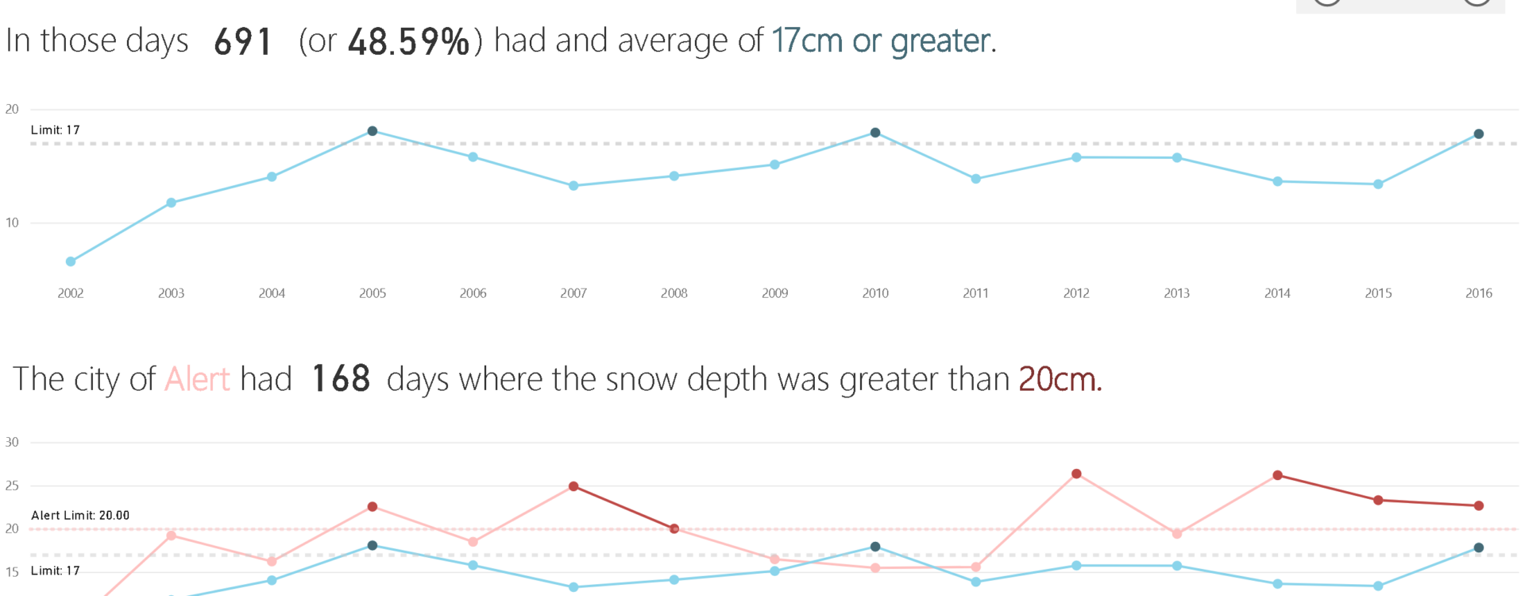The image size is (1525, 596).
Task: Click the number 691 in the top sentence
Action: point(243,42)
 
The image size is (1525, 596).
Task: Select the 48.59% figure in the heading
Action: point(408,42)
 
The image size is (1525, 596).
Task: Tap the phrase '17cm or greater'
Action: point(882,41)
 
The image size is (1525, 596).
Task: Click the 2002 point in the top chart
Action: point(71,261)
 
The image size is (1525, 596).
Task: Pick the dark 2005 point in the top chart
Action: point(373,131)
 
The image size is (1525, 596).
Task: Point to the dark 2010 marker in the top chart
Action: point(875,133)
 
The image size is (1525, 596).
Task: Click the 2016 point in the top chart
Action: point(1478,134)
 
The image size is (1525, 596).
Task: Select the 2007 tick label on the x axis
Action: point(573,293)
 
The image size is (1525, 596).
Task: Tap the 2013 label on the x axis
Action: point(1176,293)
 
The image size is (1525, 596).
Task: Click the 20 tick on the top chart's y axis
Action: point(12,110)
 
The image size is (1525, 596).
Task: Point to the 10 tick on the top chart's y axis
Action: point(12,223)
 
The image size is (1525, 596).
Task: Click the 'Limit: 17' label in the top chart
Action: point(56,130)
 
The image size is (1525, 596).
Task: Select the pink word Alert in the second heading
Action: point(197,379)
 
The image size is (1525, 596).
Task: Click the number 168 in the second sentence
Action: point(341,379)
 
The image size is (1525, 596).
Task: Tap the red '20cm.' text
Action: point(1060,379)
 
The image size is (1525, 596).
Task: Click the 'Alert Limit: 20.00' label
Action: point(80,516)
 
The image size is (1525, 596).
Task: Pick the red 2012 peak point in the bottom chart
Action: point(1076,474)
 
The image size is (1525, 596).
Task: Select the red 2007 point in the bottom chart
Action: point(573,486)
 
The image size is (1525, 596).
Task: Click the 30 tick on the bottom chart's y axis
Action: point(12,443)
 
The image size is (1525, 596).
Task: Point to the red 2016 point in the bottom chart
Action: point(1478,505)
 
